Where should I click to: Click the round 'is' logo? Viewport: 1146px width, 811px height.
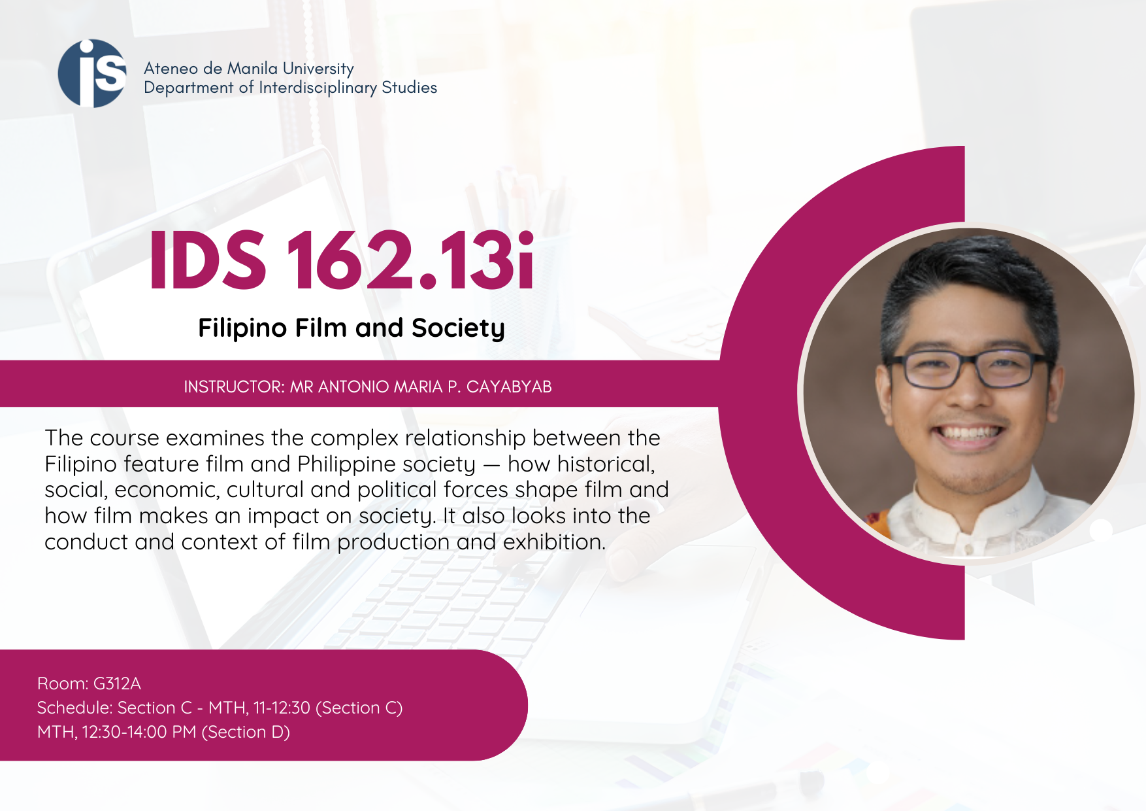pos(92,73)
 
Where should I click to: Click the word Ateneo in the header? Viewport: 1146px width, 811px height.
pos(171,69)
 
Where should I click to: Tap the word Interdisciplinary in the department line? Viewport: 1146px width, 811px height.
pos(318,88)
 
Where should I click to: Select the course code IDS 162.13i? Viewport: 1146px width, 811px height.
pos(342,260)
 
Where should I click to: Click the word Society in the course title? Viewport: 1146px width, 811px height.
pos(458,328)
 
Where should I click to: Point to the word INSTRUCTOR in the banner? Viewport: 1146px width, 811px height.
pos(234,387)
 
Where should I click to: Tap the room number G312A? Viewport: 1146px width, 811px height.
pos(117,683)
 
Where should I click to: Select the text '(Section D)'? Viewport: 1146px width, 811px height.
pos(246,732)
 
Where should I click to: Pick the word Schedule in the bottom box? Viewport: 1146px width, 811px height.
pos(74,708)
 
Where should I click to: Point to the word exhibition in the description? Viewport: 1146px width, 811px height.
pos(554,542)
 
